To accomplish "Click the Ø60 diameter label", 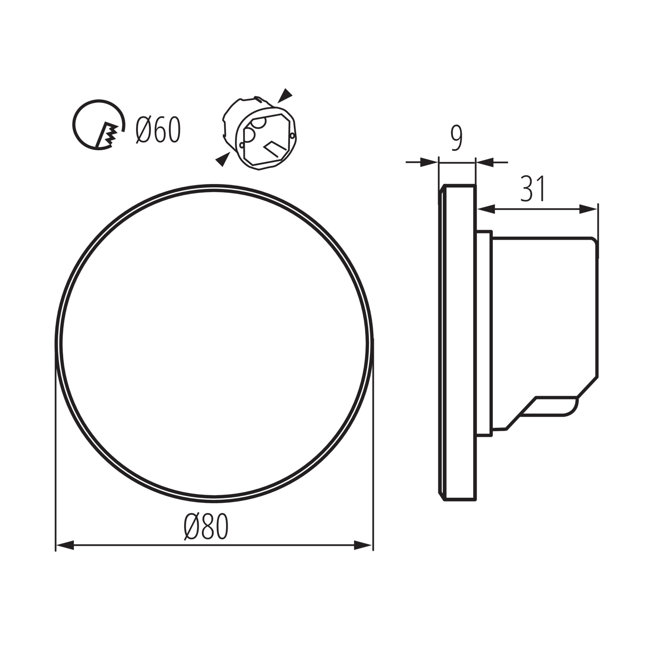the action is pyautogui.click(x=158, y=130).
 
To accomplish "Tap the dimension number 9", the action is pyautogui.click(x=456, y=139).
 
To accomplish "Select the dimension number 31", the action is pyautogui.click(x=533, y=189).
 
